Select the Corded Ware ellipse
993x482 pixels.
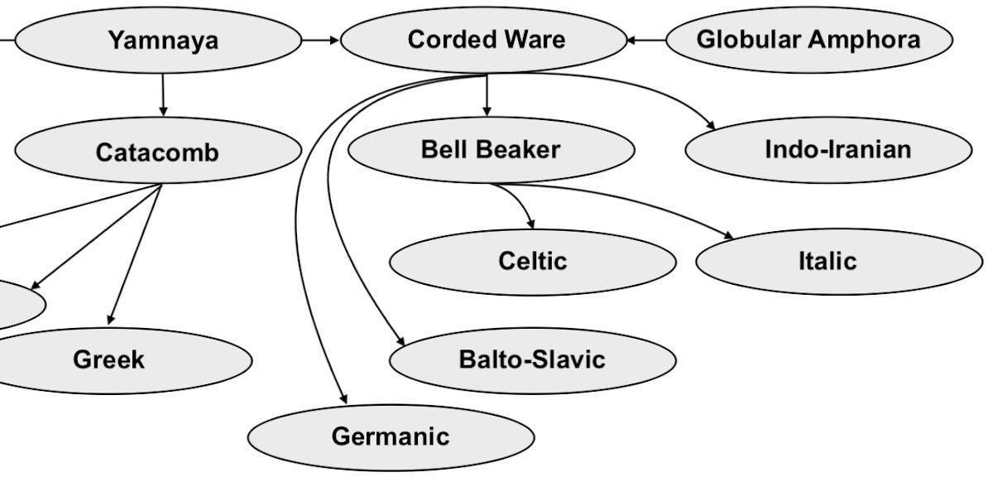click(485, 40)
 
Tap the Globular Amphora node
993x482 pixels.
click(808, 40)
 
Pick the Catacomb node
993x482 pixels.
click(157, 152)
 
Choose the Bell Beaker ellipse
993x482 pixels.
click(491, 150)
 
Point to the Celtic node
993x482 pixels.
click(532, 262)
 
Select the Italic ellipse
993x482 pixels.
click(827, 262)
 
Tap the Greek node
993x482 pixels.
click(108, 360)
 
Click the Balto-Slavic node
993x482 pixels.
click(532, 360)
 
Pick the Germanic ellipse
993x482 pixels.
click(391, 436)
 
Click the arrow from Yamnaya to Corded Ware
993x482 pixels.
click(321, 40)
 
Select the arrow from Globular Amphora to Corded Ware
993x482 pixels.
click(646, 40)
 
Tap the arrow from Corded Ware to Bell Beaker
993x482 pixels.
click(487, 95)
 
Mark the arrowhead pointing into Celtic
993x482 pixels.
click(530, 224)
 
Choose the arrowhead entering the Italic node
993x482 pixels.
click(728, 236)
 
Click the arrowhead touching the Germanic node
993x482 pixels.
click(343, 400)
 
